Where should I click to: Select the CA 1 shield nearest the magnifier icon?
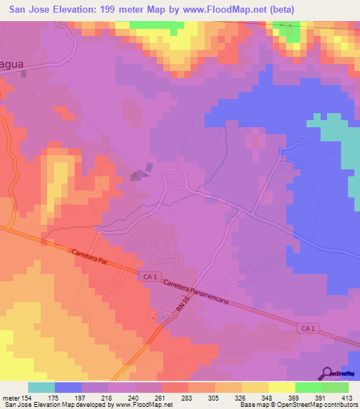(x=307, y=328)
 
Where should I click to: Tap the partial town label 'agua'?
(x=14, y=62)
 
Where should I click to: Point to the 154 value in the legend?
(x=27, y=398)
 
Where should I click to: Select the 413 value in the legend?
(x=349, y=398)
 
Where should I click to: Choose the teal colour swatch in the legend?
(x=41, y=387)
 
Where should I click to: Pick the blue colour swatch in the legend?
(x=68, y=387)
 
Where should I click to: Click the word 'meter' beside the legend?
(x=9, y=398)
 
